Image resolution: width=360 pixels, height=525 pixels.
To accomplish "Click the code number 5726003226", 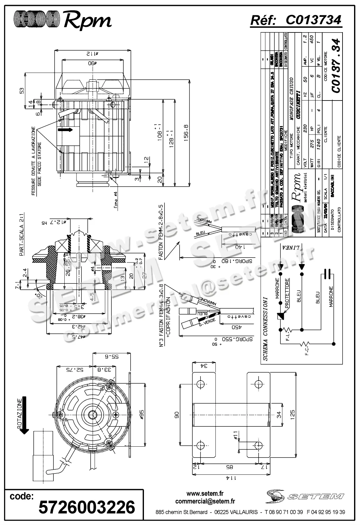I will pos(86,507).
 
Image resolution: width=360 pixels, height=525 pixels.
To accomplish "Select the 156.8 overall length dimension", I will pos(186,133).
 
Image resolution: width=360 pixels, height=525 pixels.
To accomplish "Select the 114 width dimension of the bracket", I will pos(230,487).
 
